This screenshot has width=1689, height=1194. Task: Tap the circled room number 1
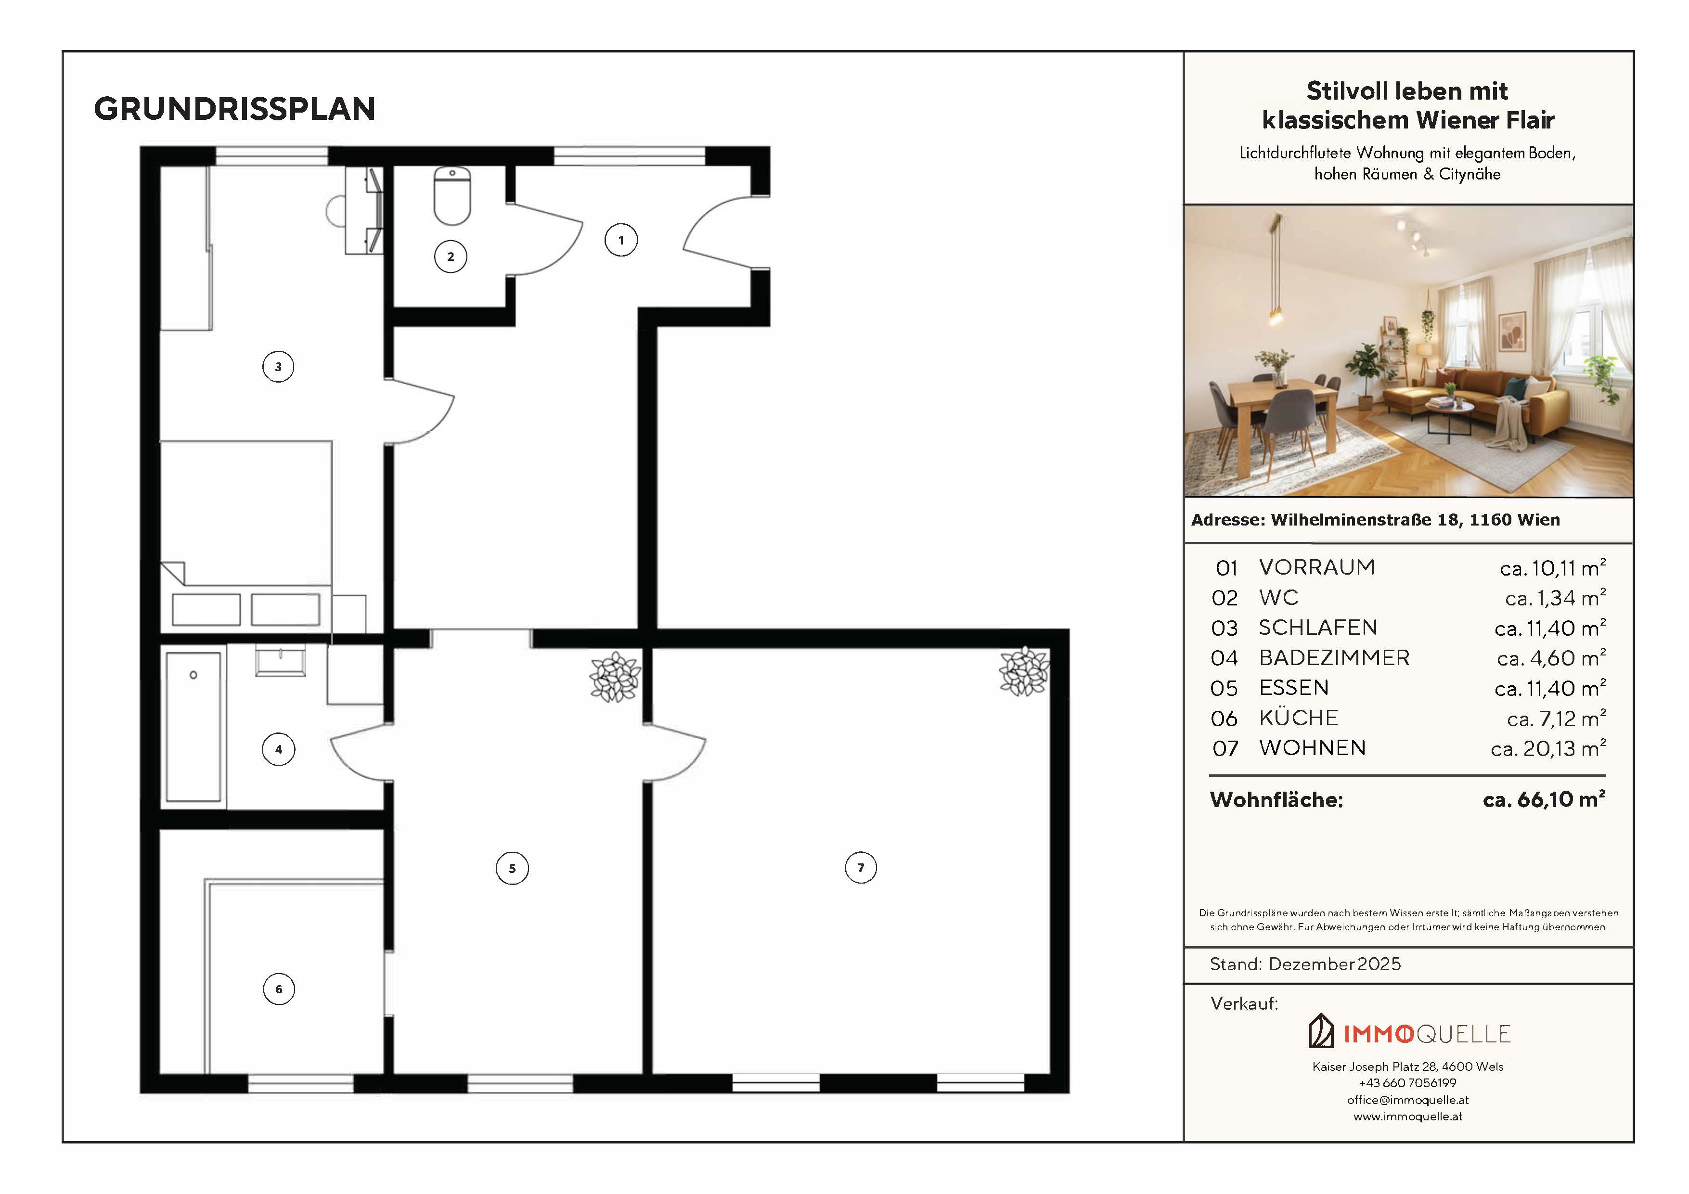[621, 240]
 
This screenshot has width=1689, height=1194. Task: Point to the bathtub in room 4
[193, 727]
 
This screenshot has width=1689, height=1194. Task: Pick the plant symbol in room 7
[1024, 671]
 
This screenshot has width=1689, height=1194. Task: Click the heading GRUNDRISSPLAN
[235, 109]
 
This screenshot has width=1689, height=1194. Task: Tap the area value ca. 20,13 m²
[1548, 748]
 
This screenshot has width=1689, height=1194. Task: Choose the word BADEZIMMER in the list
[1334, 658]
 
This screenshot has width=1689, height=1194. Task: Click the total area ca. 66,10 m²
[1544, 800]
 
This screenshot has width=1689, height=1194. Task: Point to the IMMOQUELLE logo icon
[1321, 1031]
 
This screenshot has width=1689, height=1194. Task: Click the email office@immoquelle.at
[1408, 1100]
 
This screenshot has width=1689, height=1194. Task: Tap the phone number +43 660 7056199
[1408, 1083]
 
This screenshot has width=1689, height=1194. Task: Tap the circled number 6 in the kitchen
[279, 989]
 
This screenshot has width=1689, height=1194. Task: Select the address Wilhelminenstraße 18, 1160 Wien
[1415, 520]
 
